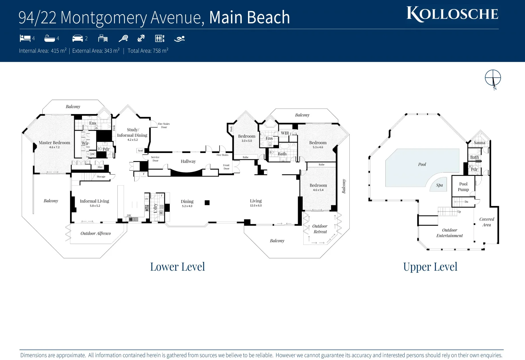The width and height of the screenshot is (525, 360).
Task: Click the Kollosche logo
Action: pyautogui.click(x=452, y=14)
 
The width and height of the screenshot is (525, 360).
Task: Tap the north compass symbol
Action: pyautogui.click(x=493, y=79)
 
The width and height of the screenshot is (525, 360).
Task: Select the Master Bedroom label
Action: pyautogui.click(x=54, y=143)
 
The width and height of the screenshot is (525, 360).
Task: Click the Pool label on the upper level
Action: pyautogui.click(x=422, y=164)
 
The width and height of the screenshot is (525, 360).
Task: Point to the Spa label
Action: pyautogui.click(x=439, y=185)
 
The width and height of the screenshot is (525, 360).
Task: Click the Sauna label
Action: pyautogui.click(x=479, y=143)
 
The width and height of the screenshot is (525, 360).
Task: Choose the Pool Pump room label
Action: pyautogui.click(x=463, y=187)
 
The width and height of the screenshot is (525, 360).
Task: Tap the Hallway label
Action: pyautogui.click(x=188, y=161)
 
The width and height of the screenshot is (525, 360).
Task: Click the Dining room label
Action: pyautogui.click(x=187, y=201)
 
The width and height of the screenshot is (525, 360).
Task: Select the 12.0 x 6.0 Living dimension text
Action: pyautogui.click(x=256, y=206)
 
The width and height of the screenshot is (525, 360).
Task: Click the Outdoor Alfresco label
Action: pyautogui.click(x=96, y=233)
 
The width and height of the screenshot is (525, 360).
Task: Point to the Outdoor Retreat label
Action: pyautogui.click(x=320, y=229)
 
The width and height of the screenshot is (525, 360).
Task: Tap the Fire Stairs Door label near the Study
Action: pyautogui.click(x=164, y=125)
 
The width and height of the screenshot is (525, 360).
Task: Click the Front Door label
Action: pyautogui.click(x=226, y=167)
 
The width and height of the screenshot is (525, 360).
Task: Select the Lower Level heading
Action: pyautogui.click(x=177, y=267)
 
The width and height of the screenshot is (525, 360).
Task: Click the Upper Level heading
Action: pyautogui.click(x=430, y=267)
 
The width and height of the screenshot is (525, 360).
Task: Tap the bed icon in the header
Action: pyautogui.click(x=25, y=38)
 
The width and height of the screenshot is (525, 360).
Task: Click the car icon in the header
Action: pyautogui.click(x=77, y=38)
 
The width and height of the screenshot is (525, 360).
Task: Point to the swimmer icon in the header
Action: pyautogui.click(x=179, y=39)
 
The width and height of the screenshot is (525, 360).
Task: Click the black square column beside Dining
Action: pyautogui.click(x=207, y=203)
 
